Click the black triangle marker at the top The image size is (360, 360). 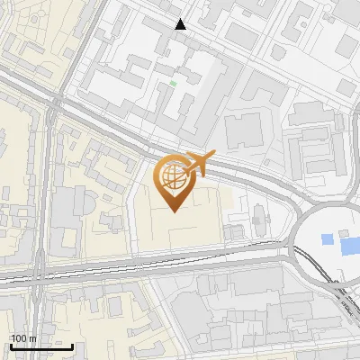pyautogui.click(x=181, y=24)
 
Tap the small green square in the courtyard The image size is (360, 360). pyautogui.click(x=173, y=84)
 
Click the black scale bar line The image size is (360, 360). pyautogui.click(x=41, y=346)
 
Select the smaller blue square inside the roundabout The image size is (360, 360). pyautogui.click(x=326, y=242)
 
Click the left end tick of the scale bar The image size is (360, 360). pyautogui.click(x=10, y=344)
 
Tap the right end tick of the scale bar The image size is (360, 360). pyautogui.click(x=73, y=344)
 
